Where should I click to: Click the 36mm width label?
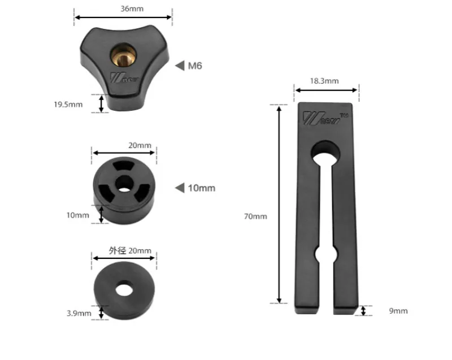click(x=124, y=8)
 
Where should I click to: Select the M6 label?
click(x=195, y=66)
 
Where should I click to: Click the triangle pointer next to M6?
click(x=180, y=66)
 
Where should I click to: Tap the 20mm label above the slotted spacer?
click(x=140, y=145)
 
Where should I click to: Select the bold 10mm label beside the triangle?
click(x=201, y=188)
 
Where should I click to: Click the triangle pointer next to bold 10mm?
click(x=180, y=188)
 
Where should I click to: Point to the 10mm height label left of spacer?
click(x=78, y=215)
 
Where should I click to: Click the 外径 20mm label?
click(x=130, y=250)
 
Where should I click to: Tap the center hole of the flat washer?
click(x=123, y=289)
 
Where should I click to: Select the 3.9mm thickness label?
click(x=79, y=313)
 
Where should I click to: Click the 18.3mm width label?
click(x=324, y=81)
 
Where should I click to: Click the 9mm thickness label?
click(x=398, y=311)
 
